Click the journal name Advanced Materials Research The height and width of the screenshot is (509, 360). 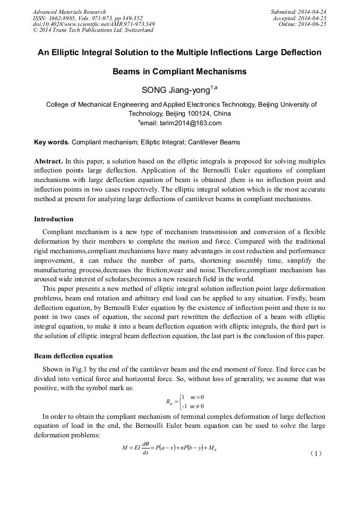(x=69, y=12)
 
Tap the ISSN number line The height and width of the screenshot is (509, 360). (x=88, y=18)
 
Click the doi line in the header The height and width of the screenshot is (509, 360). (x=94, y=24)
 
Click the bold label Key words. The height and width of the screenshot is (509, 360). (x=52, y=142)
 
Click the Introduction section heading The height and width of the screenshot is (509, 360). (x=54, y=219)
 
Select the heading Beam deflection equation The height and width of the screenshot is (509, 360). (x=73, y=356)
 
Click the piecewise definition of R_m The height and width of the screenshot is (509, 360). (x=185, y=402)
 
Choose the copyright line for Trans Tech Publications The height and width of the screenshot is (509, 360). (x=93, y=30)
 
